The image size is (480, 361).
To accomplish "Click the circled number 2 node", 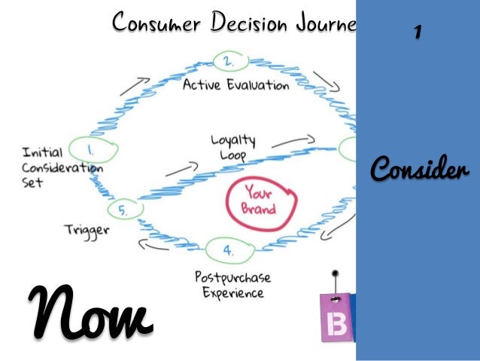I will pos(226,60).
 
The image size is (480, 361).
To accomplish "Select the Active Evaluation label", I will pos(236,85).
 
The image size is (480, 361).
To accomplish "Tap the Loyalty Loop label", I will pos(232,148).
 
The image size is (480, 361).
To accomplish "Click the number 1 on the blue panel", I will pos(417,32).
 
